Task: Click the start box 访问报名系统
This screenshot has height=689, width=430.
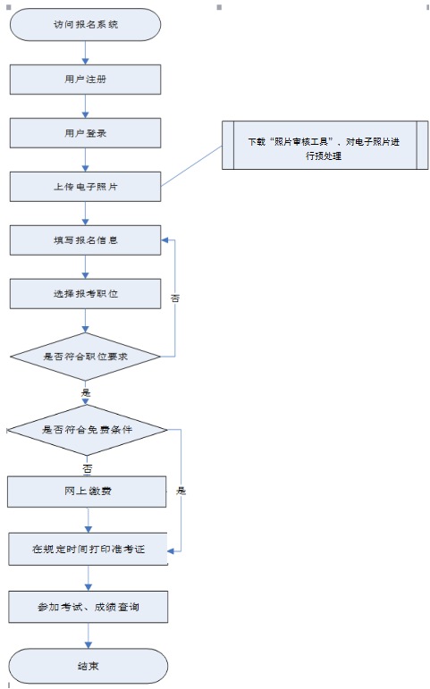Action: [85, 25]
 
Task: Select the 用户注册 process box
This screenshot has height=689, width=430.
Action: [85, 80]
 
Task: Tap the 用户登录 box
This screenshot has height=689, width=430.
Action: [85, 132]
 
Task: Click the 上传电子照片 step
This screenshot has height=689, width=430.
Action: [85, 187]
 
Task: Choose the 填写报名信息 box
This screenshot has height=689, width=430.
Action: [85, 239]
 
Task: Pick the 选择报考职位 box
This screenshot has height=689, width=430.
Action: [85, 293]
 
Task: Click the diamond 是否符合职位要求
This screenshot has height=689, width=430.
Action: [85, 357]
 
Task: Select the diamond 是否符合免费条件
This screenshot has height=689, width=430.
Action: [87, 430]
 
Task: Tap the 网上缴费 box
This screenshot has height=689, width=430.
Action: [87, 492]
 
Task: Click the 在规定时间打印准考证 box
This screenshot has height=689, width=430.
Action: [88, 549]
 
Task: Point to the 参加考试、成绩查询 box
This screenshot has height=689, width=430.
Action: [88, 607]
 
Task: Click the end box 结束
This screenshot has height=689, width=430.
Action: [88, 666]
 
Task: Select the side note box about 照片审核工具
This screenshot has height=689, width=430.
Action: [325, 145]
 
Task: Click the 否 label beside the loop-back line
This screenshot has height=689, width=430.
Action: [175, 298]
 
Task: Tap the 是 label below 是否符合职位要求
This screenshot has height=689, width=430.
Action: [86, 392]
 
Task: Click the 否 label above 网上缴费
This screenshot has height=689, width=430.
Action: [87, 469]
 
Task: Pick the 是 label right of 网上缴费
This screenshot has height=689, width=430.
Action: [181, 491]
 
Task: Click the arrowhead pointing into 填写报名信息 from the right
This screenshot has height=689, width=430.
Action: [164, 239]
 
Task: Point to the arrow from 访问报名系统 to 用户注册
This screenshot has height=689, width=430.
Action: [85, 53]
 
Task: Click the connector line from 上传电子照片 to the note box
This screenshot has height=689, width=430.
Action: [191, 166]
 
